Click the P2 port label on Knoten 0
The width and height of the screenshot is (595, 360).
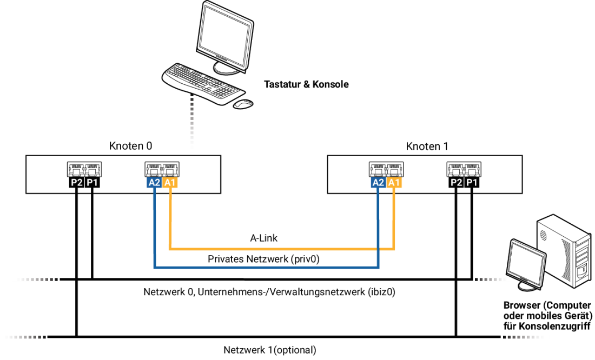(x=77, y=183)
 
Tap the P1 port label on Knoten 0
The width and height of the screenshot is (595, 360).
(x=92, y=183)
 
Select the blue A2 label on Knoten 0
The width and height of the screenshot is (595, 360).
(x=154, y=183)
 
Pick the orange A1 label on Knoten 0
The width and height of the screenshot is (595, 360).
(x=170, y=183)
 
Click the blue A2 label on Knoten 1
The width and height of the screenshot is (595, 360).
(x=378, y=183)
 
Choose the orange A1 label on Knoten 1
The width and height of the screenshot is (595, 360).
(x=394, y=183)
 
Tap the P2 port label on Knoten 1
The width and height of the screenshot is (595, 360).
(x=456, y=183)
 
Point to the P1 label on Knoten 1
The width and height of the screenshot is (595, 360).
(x=472, y=183)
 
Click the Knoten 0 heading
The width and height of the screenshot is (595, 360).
(x=130, y=146)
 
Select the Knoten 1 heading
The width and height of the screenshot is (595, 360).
(x=427, y=146)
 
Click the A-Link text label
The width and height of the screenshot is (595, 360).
(x=264, y=238)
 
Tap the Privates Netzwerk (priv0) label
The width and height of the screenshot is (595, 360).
(x=264, y=259)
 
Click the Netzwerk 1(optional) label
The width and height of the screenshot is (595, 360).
(x=270, y=350)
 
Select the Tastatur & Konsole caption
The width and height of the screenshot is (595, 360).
(x=306, y=84)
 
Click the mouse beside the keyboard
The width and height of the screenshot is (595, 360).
(x=243, y=104)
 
